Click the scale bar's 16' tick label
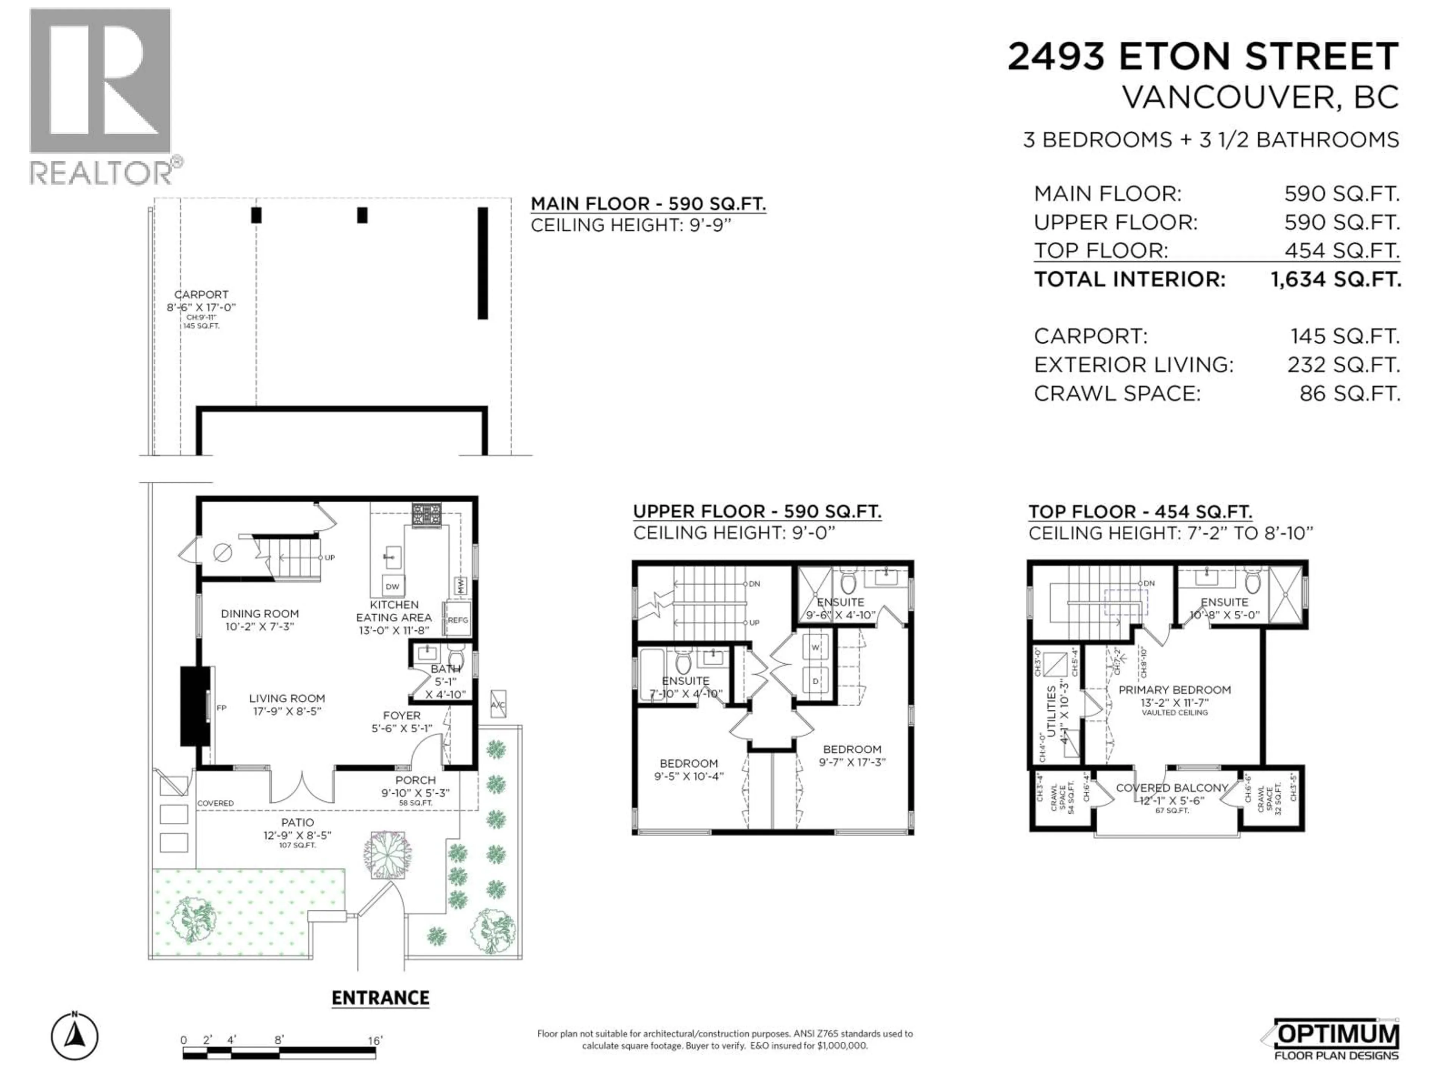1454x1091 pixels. tap(375, 1040)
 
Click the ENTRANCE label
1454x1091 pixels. tap(380, 998)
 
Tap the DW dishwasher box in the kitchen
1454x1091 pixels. tap(392, 586)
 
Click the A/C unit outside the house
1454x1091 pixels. tap(498, 704)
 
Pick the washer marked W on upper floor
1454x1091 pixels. tap(816, 647)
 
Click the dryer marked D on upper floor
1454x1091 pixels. tap(816, 681)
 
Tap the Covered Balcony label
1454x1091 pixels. tap(1172, 788)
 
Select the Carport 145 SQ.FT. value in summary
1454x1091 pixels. tap(1344, 336)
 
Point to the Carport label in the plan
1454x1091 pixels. tap(201, 295)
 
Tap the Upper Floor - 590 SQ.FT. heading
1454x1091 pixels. tap(757, 512)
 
